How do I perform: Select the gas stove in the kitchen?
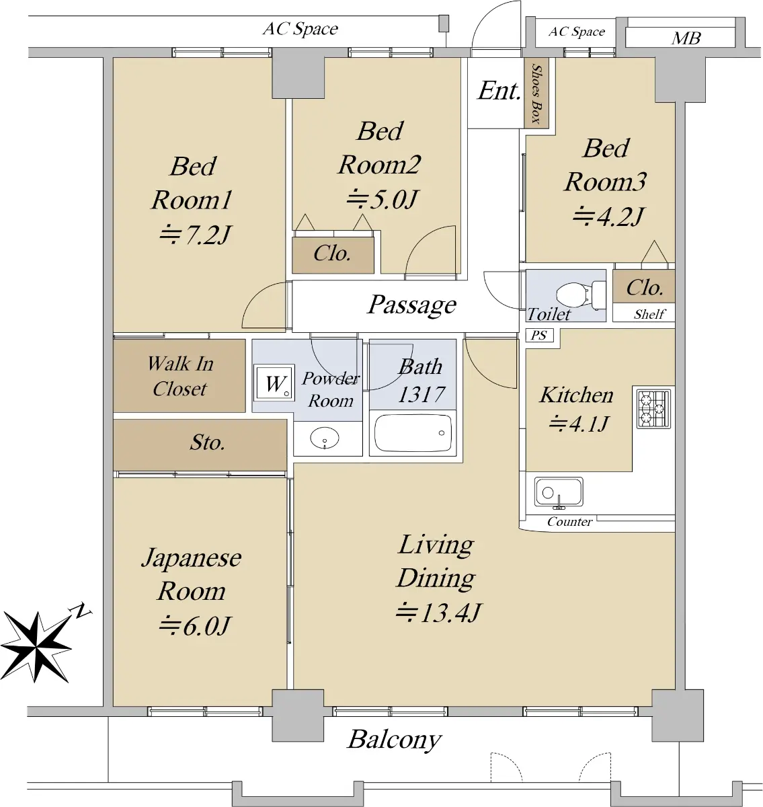[653, 408]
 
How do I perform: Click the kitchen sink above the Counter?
[558, 492]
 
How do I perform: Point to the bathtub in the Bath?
[413, 433]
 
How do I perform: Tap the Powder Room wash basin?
[325, 438]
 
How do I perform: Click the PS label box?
[539, 335]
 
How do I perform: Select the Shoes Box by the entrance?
[536, 93]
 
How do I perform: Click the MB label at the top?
[686, 38]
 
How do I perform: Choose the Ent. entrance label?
[499, 91]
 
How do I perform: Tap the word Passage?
[412, 305]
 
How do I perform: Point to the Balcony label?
[395, 739]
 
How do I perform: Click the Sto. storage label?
[207, 443]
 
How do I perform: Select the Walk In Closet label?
[180, 376]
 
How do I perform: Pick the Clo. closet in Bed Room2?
[333, 254]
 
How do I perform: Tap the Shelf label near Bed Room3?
[649, 314]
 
